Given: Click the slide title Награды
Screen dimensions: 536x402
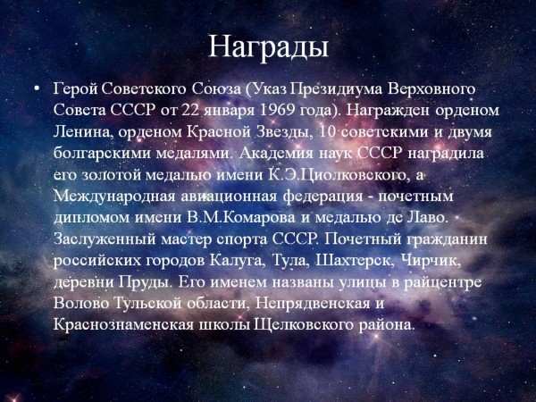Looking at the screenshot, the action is tap(268, 47).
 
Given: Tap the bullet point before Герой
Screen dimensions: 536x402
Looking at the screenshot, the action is tap(37, 89).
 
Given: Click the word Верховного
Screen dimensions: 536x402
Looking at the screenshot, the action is tap(431, 89).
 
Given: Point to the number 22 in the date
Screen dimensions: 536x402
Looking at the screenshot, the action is tap(191, 111).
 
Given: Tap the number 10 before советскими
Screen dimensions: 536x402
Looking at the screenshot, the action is tap(327, 132).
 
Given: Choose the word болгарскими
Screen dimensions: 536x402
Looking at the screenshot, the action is tap(102, 154).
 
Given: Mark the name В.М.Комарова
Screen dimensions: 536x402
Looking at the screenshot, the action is tap(241, 218).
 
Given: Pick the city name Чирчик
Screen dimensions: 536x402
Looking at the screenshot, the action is tap(431, 261).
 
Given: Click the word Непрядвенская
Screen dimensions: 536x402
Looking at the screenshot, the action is tap(314, 304).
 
